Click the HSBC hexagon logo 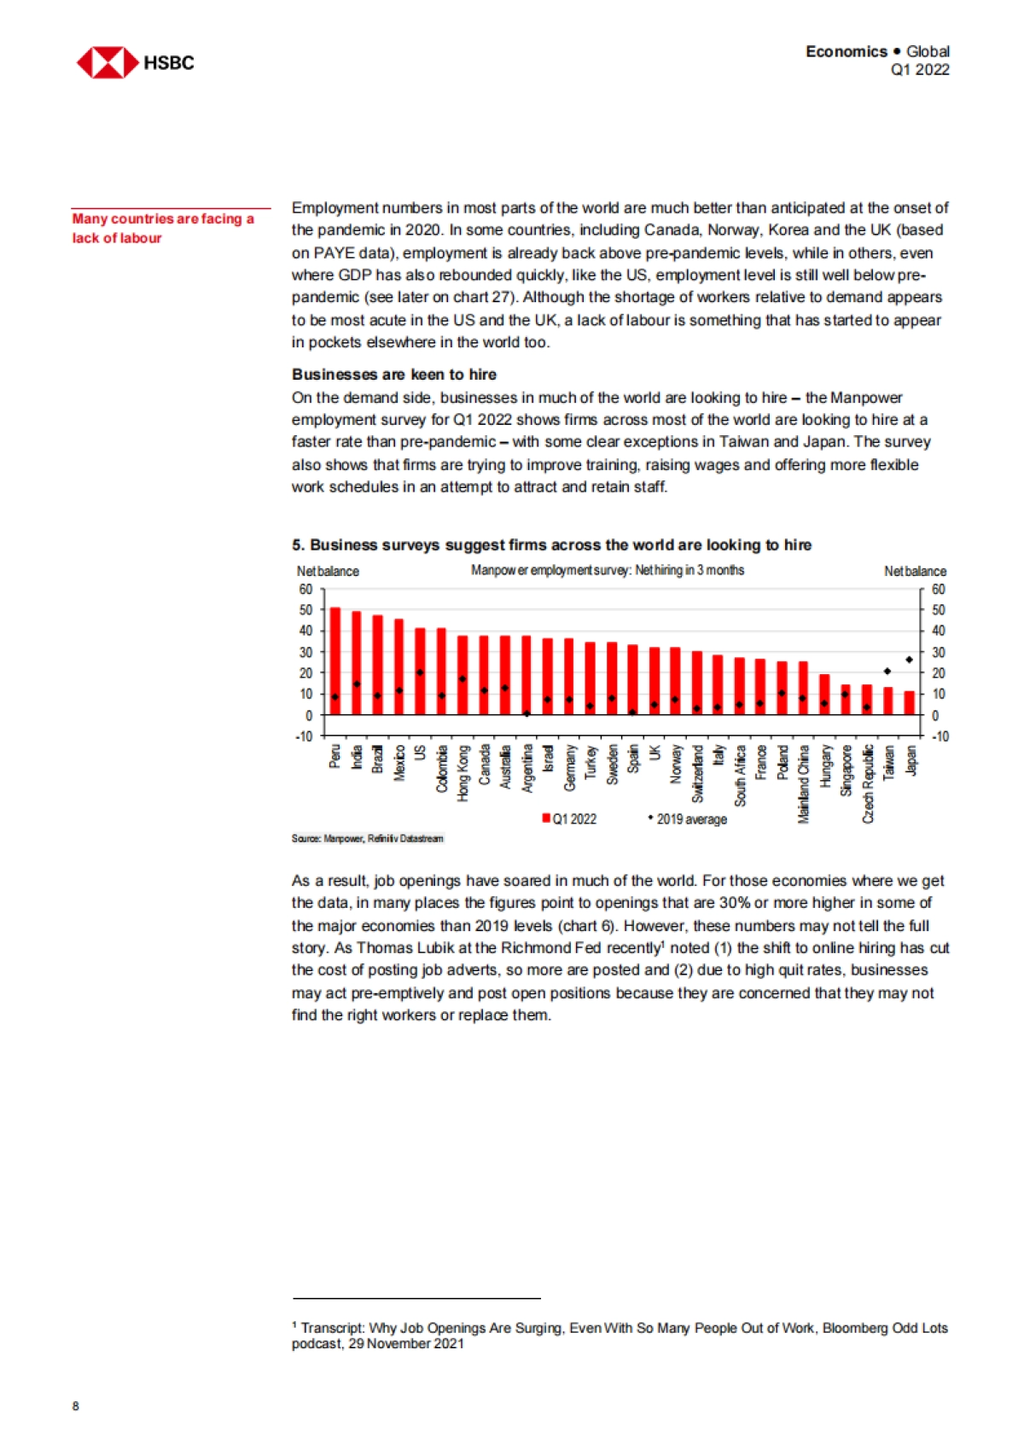pyautogui.click(x=108, y=62)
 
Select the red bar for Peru pyautogui.click(x=335, y=661)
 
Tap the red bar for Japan pyautogui.click(x=910, y=703)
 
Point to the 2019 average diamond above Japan pyautogui.click(x=910, y=660)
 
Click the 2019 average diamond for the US pyautogui.click(x=420, y=672)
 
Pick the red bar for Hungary pyautogui.click(x=824, y=695)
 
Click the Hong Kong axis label pyautogui.click(x=463, y=772)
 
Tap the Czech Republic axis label pyautogui.click(x=868, y=783)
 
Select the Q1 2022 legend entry pyautogui.click(x=569, y=819)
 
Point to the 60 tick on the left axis pyautogui.click(x=305, y=589)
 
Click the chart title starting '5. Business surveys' pyautogui.click(x=551, y=544)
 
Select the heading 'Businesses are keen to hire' pyautogui.click(x=394, y=374)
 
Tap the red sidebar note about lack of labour pyautogui.click(x=162, y=228)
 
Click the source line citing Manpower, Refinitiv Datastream pyautogui.click(x=367, y=839)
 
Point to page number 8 pyautogui.click(x=76, y=1405)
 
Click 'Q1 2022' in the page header pyautogui.click(x=920, y=70)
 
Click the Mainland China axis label pyautogui.click(x=803, y=783)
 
